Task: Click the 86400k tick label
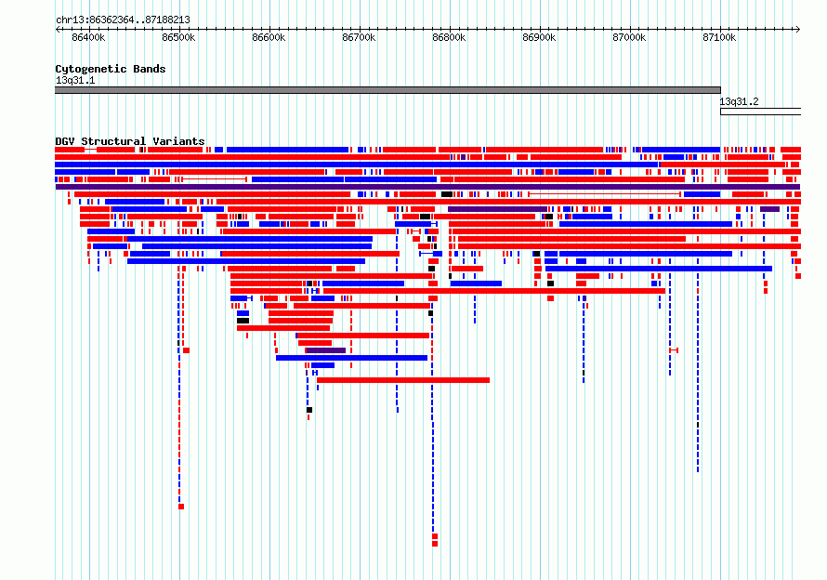[x=88, y=37]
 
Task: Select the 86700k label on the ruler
[x=359, y=37]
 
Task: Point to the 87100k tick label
[x=719, y=37]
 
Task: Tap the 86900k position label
[x=539, y=37]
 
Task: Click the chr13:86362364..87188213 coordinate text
[x=123, y=20]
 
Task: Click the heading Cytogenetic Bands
[x=111, y=69]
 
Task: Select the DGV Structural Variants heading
[x=130, y=141]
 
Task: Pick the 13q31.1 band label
[x=75, y=80]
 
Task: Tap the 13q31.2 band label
[x=739, y=101]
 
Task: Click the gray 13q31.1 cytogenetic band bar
[x=387, y=90]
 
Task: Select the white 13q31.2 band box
[x=760, y=112]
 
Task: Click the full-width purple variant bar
[x=427, y=187]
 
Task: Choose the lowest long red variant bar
[x=403, y=380]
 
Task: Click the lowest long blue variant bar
[x=352, y=358]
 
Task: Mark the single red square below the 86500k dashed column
[x=181, y=507]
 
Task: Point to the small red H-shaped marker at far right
[x=674, y=350]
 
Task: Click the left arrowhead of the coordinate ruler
[x=58, y=30]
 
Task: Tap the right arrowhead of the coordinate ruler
[x=798, y=30]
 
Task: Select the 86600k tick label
[x=269, y=37]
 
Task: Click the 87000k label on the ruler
[x=629, y=37]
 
